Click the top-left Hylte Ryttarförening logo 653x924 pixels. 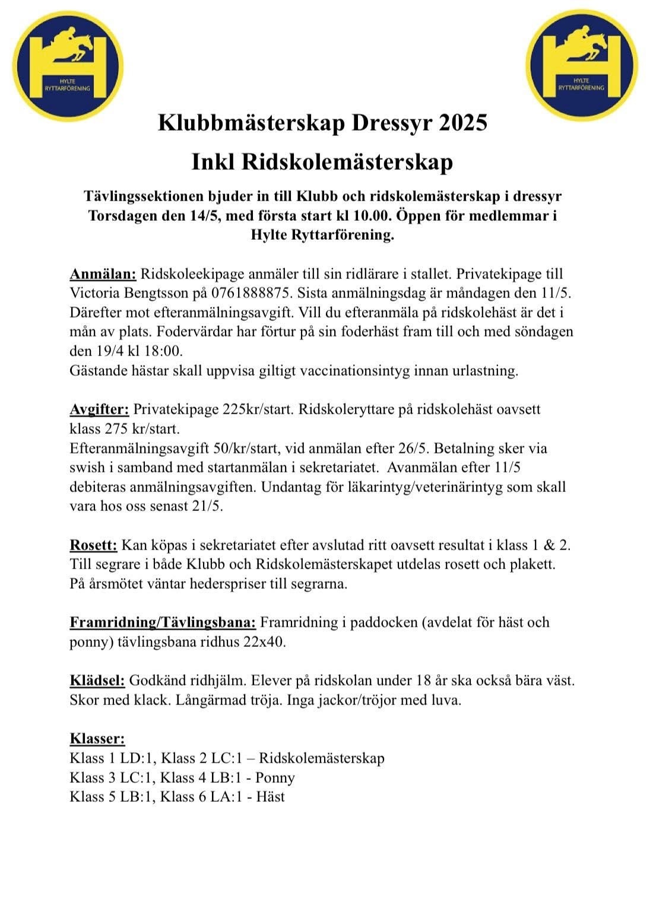(x=68, y=66)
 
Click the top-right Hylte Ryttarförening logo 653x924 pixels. (x=581, y=65)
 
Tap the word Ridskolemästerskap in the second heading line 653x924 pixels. (x=347, y=162)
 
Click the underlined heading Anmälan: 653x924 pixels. (x=103, y=274)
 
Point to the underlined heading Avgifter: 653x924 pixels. (x=99, y=409)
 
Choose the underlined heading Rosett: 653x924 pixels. (x=93, y=545)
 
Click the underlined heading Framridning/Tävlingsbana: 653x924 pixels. (x=163, y=623)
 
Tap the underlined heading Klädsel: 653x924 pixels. (x=97, y=681)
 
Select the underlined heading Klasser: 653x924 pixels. (x=97, y=739)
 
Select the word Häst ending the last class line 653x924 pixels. (x=270, y=797)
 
